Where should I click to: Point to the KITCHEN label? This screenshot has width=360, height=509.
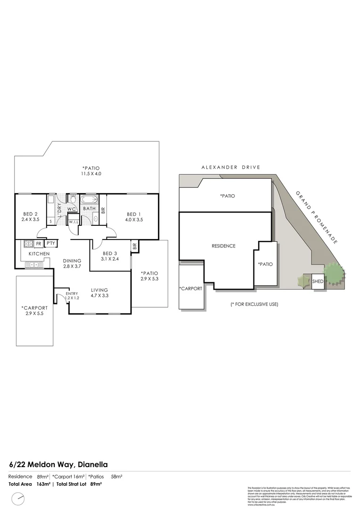click(x=39, y=254)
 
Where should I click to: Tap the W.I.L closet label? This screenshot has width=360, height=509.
click(x=74, y=222)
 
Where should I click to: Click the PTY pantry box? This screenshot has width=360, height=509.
click(x=51, y=244)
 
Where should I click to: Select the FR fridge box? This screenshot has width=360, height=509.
click(x=38, y=244)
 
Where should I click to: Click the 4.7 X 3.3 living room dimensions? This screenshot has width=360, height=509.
click(x=99, y=296)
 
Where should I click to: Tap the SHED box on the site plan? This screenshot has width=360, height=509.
click(x=318, y=281)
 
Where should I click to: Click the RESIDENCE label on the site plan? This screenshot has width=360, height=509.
click(x=223, y=246)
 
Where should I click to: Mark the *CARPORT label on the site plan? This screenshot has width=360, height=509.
click(x=190, y=288)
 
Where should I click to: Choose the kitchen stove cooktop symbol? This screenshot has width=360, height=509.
click(x=28, y=244)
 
